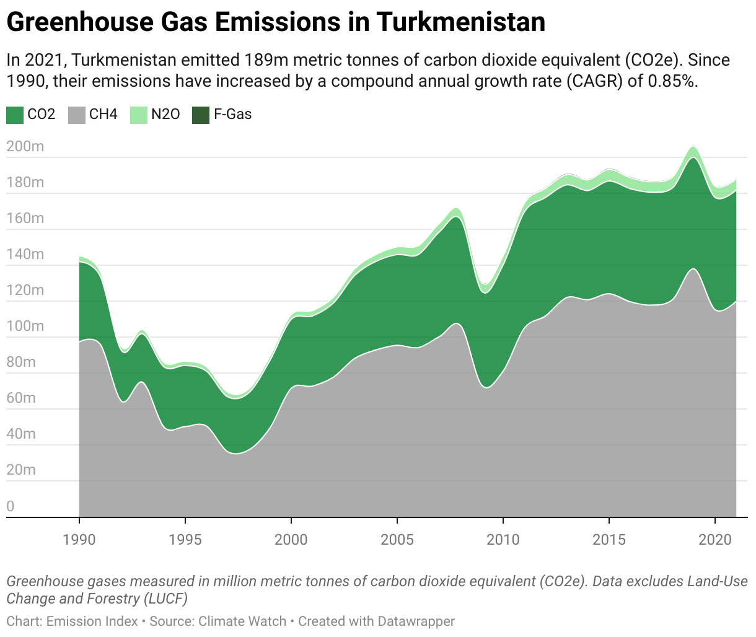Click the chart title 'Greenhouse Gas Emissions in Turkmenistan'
tap(276, 22)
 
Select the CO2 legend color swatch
tap(15, 115)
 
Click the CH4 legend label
tap(103, 115)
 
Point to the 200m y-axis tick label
tap(25, 147)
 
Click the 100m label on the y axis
tap(25, 327)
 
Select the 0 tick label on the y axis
tap(11, 506)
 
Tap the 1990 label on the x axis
tap(79, 540)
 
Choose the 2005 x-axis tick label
tap(397, 540)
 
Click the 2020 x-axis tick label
tap(715, 540)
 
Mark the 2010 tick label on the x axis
tap(503, 540)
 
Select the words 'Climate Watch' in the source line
tap(242, 622)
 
